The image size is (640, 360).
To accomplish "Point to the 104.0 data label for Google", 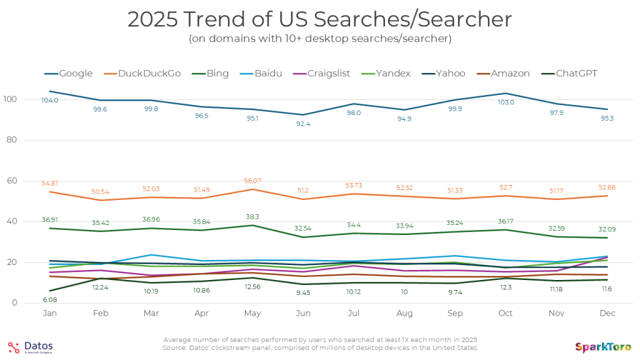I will pyautogui.click(x=50, y=101).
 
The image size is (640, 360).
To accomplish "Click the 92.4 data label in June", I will pyautogui.click(x=304, y=124).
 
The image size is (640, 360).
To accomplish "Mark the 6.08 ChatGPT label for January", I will pyautogui.click(x=50, y=299).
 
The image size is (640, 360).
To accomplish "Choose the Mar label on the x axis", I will pyautogui.click(x=152, y=314).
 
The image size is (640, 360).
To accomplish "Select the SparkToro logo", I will pyautogui.click(x=602, y=347).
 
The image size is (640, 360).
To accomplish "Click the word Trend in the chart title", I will pyautogui.click(x=206, y=19).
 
